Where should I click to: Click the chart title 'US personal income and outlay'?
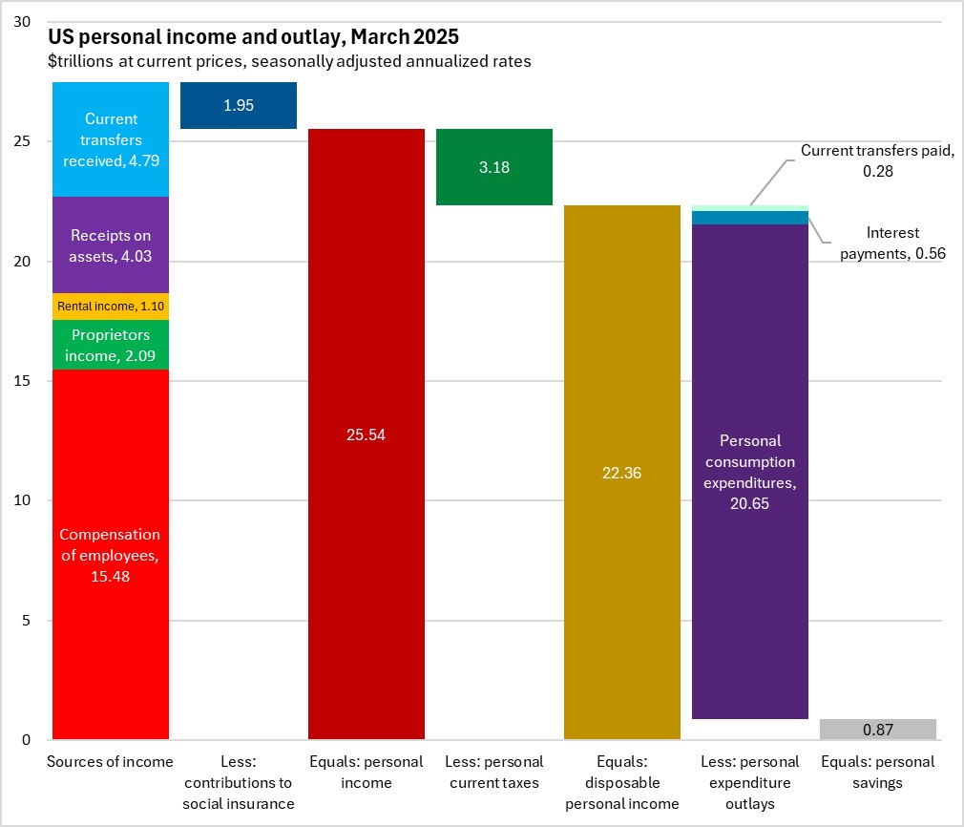(253, 38)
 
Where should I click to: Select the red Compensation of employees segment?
(111, 554)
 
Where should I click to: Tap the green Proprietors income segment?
(111, 345)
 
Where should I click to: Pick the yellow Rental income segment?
(111, 307)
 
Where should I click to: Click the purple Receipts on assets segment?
(111, 245)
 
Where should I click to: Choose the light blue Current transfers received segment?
(111, 139)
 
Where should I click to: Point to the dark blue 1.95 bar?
(239, 105)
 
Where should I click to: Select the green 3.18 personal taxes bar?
(494, 167)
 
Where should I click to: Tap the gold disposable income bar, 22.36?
(622, 473)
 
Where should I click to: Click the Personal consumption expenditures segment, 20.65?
(750, 472)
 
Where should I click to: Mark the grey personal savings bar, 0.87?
(878, 730)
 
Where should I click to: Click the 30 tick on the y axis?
(25, 22)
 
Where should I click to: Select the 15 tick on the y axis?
(25, 381)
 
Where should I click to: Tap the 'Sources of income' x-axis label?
(111, 762)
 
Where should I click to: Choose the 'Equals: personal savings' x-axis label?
(878, 773)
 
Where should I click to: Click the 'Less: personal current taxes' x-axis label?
(494, 773)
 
